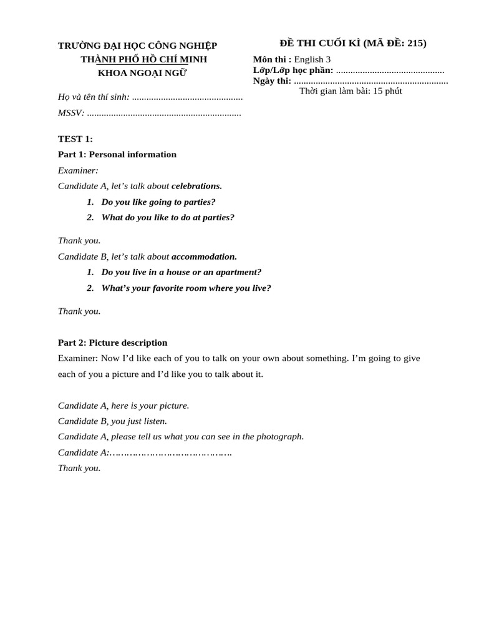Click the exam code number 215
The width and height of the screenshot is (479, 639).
pyautogui.click(x=415, y=43)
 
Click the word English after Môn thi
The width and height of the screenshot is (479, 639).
pyautogui.click(x=309, y=59)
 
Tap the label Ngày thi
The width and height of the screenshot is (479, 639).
pyautogui.click(x=272, y=80)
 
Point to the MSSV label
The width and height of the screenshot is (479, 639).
pyautogui.click(x=71, y=113)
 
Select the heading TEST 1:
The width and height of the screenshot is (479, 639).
pyautogui.click(x=75, y=139)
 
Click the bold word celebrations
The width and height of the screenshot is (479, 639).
pyautogui.click(x=196, y=185)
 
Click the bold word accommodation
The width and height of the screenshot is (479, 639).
pyautogui.click(x=204, y=256)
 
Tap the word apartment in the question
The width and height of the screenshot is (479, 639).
pyautogui.click(x=238, y=272)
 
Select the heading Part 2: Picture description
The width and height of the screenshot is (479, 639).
pyautogui.click(x=113, y=343)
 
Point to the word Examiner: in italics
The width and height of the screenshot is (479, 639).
pyautogui.click(x=78, y=170)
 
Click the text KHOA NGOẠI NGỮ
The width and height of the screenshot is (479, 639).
pyautogui.click(x=142, y=73)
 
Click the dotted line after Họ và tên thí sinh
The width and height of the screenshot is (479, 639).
pyautogui.click(x=187, y=97)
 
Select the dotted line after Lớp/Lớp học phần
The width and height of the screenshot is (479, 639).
pyautogui.click(x=390, y=70)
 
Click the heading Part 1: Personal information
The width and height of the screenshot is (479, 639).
pyautogui.click(x=117, y=154)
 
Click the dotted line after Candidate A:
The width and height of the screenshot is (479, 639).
pyautogui.click(x=171, y=452)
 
